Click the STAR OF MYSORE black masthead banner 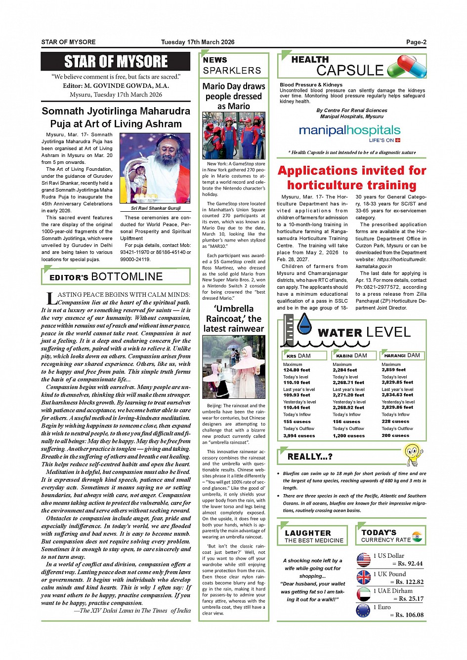tap(116, 62)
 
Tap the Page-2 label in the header tap(416, 42)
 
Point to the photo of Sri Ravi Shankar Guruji tap(155, 168)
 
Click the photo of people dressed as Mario tap(234, 135)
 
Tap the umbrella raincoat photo tap(234, 367)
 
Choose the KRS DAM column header tap(304, 355)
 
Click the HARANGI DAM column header tap(402, 355)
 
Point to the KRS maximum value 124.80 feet tap(297, 370)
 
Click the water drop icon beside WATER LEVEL tap(305, 324)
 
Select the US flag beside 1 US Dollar tap(363, 560)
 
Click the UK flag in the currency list tap(363, 577)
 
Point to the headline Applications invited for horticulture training tap(352, 178)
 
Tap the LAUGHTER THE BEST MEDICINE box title tap(314, 536)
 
